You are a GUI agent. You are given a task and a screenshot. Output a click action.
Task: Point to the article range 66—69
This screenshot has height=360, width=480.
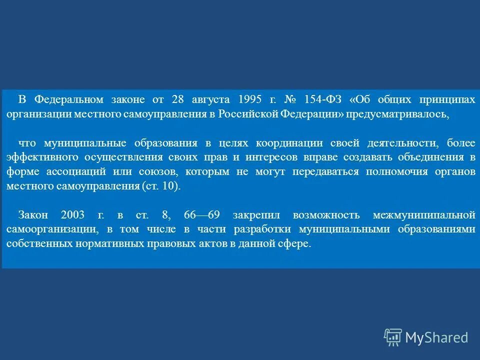point(202,215)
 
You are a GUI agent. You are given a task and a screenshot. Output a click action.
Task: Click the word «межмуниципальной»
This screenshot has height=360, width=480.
point(423,215)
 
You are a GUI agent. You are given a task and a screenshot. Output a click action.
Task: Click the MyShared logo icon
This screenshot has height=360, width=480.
point(393,336)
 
